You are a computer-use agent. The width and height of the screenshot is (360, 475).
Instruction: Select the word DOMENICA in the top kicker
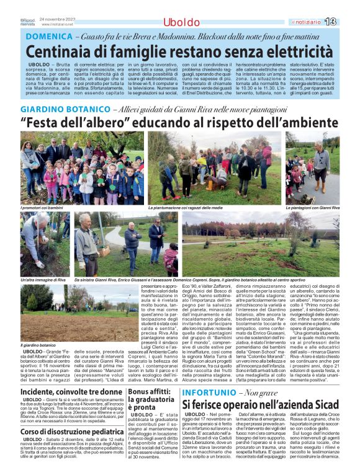coord(48,37)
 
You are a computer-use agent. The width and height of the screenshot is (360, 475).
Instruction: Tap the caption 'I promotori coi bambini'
coord(42,208)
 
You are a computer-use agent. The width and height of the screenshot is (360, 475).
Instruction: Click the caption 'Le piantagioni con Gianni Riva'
coord(312,208)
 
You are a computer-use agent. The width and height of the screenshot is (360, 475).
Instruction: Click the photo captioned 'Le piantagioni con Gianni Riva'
coord(312,167)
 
